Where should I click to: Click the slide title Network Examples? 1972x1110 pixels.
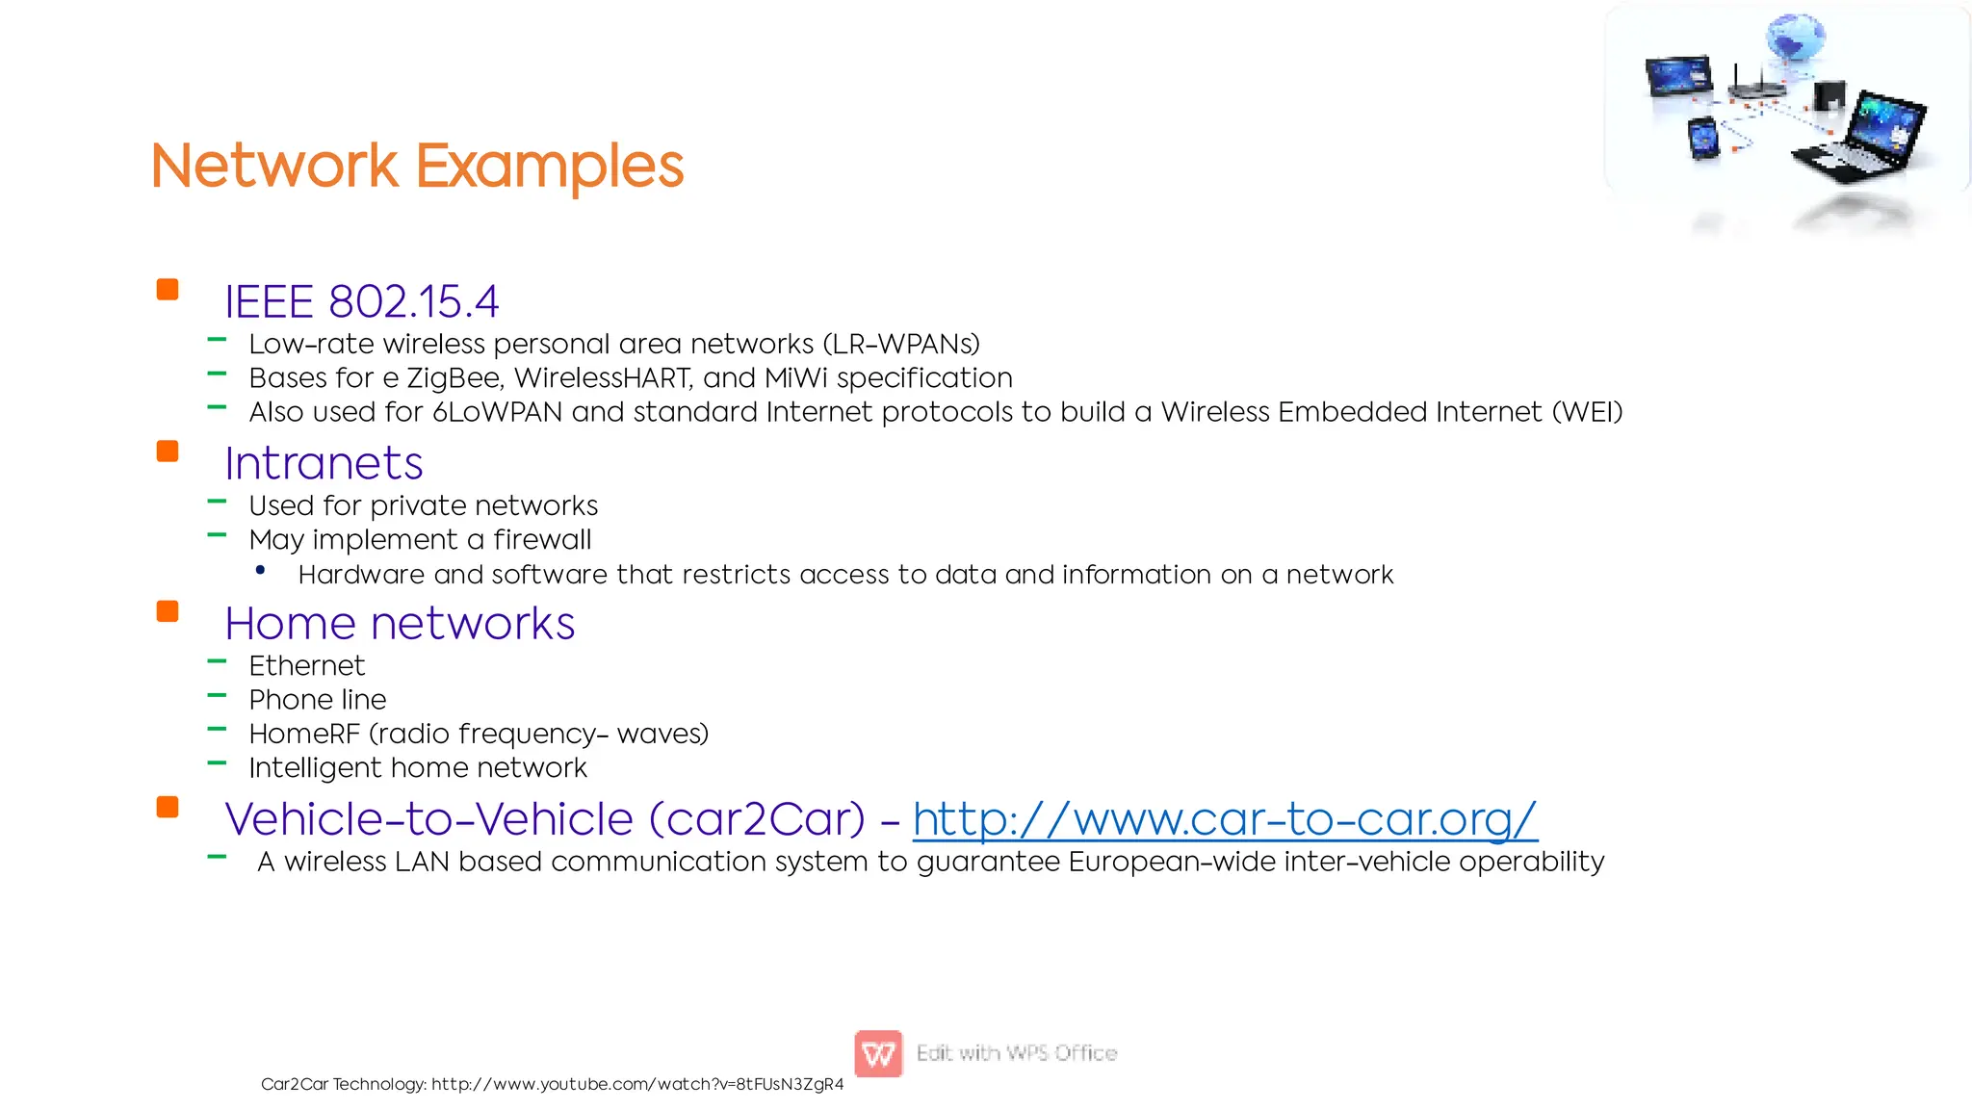(417, 166)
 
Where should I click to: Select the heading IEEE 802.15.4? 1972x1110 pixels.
(361, 301)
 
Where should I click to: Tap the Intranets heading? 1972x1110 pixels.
(324, 463)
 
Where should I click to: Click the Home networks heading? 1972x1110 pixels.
(400, 623)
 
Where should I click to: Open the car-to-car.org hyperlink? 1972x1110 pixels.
(1224, 819)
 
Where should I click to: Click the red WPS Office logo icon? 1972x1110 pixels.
(877, 1053)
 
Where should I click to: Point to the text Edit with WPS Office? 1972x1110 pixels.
(1016, 1053)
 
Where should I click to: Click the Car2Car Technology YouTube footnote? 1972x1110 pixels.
(552, 1084)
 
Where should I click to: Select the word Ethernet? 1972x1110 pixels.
(306, 665)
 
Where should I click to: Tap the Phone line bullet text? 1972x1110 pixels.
(317, 700)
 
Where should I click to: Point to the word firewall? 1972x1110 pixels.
(542, 540)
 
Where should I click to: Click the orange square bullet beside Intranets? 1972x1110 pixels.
(168, 452)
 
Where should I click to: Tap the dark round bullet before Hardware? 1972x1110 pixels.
(260, 571)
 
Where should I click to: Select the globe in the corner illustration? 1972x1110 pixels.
(1795, 39)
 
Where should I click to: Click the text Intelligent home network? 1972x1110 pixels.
(417, 768)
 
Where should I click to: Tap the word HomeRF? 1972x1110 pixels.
(304, 735)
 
